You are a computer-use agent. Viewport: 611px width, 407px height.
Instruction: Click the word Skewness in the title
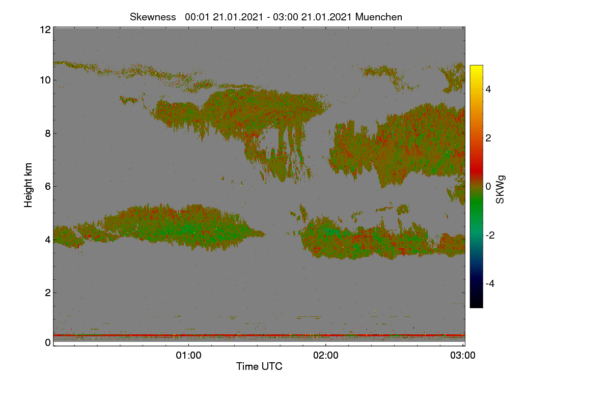pos(153,17)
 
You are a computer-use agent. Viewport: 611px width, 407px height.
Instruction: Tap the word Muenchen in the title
pos(379,17)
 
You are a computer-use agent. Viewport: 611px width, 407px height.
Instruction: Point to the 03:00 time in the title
pos(285,17)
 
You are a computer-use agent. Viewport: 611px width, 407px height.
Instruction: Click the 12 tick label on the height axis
pos(45,30)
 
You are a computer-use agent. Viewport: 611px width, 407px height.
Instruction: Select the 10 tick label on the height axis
pos(45,80)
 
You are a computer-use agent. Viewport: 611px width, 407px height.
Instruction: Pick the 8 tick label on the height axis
pos(48,134)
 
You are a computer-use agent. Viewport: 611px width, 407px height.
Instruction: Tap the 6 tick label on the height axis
pos(48,187)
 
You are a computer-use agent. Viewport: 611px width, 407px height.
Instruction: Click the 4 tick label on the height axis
pos(48,240)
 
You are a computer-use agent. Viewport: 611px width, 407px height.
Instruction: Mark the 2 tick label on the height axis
pos(48,293)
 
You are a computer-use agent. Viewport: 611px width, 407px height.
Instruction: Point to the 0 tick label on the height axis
pos(48,343)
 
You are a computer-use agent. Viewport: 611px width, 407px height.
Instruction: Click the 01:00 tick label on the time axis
pos(188,356)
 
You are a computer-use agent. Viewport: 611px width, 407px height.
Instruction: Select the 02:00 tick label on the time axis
pos(326,356)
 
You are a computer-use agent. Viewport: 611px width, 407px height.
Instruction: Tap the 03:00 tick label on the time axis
pos(463,356)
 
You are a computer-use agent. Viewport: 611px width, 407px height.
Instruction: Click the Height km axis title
pos(28,185)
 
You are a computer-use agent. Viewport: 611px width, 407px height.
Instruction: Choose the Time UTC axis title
pos(259,366)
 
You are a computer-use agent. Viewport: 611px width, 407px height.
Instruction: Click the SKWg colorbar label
pos(500,189)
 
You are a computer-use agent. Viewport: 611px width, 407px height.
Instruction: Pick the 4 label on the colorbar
pos(488,90)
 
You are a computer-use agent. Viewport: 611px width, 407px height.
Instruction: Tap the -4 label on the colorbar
pos(490,284)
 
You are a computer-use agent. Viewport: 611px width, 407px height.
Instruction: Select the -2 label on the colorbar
pos(490,235)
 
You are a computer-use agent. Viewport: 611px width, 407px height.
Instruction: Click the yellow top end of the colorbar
pos(476,66)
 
